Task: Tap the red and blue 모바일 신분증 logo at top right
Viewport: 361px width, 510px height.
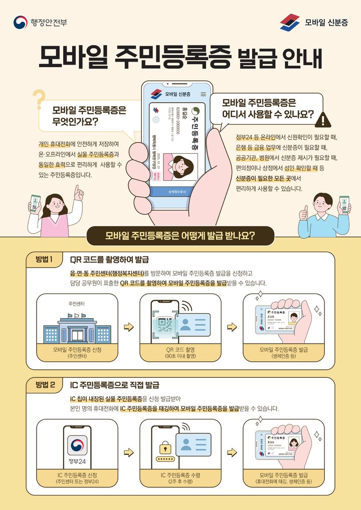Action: (x=290, y=23)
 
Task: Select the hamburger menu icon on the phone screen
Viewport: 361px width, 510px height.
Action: (x=203, y=94)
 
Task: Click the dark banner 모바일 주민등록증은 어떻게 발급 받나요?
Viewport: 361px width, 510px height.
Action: (x=180, y=235)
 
